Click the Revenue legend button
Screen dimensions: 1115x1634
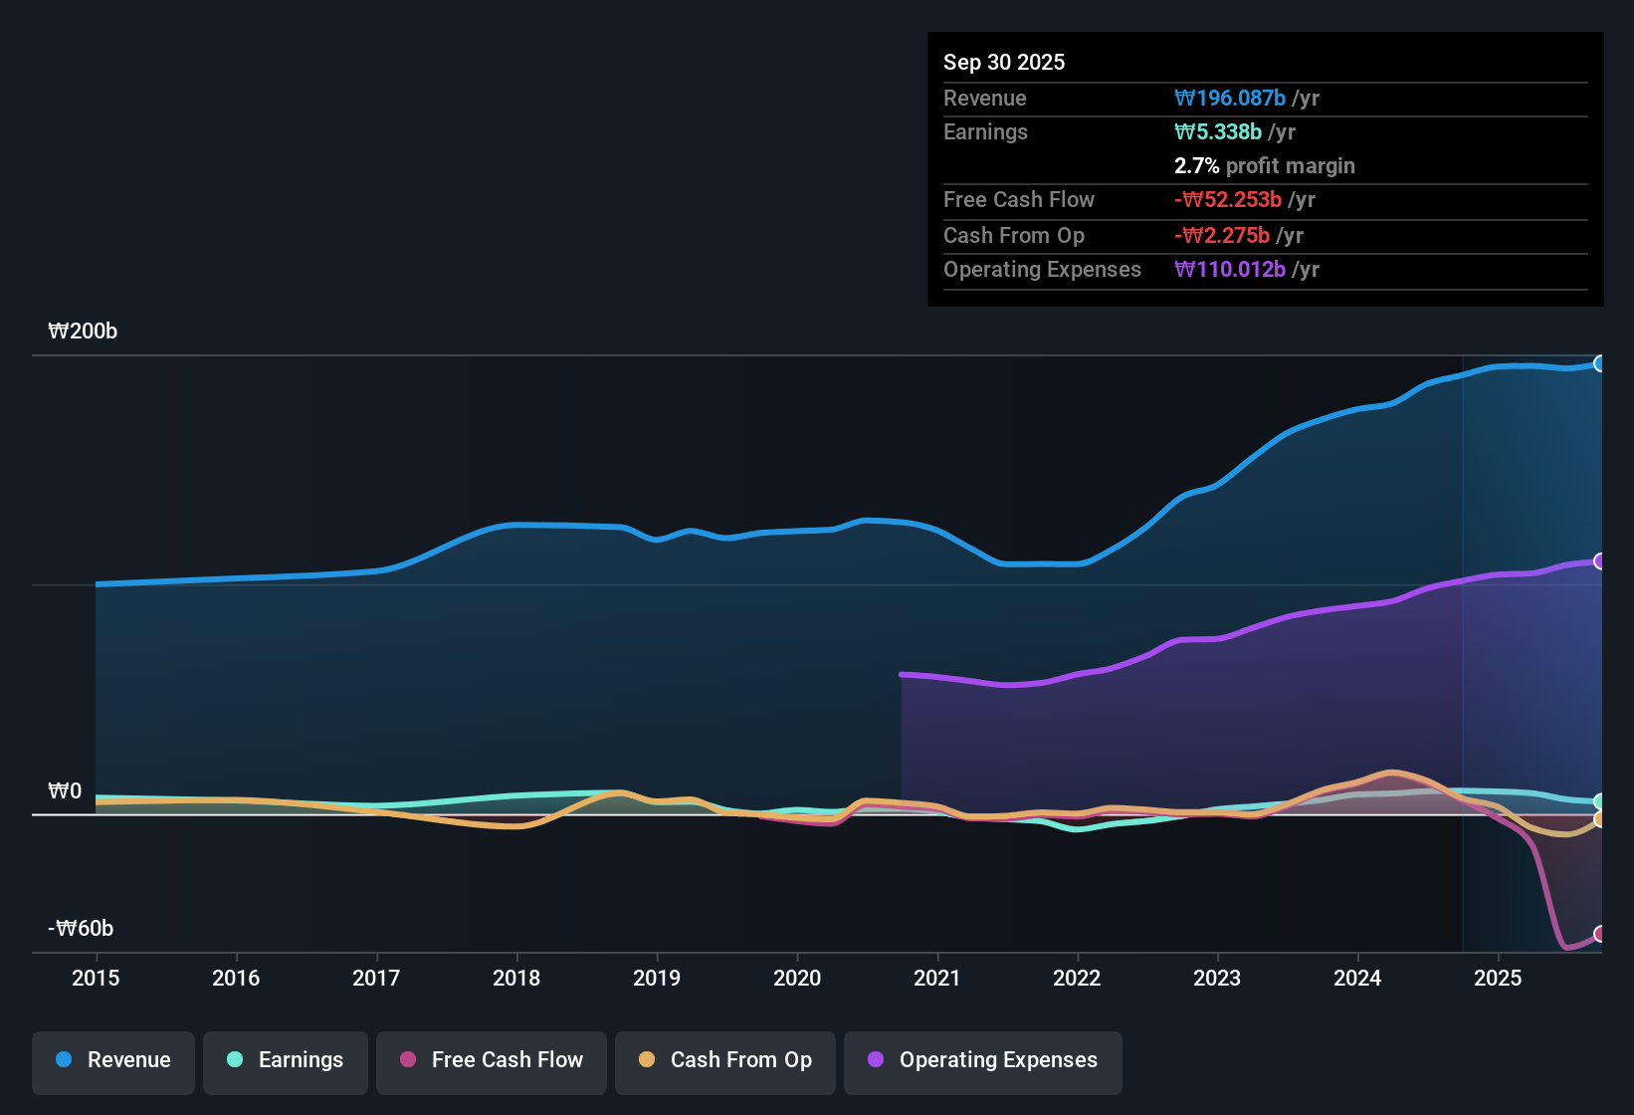pos(113,1060)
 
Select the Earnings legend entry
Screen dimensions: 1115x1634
pos(286,1060)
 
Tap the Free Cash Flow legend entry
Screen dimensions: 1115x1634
pos(492,1060)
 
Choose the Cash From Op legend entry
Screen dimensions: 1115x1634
pos(725,1060)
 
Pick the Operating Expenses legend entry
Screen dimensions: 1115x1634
pos(983,1060)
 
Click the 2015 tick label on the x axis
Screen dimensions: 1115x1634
pos(96,978)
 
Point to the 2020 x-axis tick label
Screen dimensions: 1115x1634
pos(797,978)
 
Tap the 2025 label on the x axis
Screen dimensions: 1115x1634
pos(1498,978)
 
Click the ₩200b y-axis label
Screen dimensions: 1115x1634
pos(83,332)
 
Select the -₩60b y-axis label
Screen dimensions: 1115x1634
pos(81,929)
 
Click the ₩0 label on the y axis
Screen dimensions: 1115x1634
pos(65,791)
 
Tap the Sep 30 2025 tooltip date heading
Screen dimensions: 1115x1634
pos(1004,62)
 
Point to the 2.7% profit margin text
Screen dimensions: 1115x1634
pos(1264,166)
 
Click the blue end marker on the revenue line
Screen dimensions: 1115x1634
pos(1600,363)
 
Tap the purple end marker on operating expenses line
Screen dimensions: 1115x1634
pos(1600,561)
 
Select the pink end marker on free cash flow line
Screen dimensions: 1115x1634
pos(1600,934)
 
